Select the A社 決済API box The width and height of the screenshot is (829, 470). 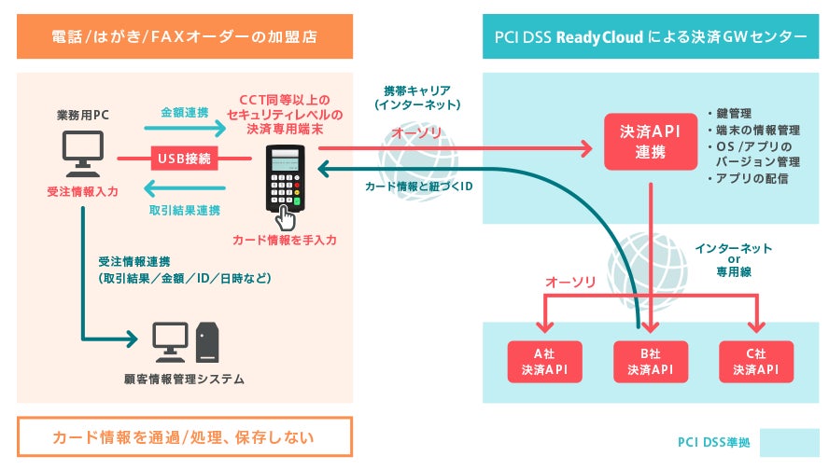544,362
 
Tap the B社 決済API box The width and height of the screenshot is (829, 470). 651,362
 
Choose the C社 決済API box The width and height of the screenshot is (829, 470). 756,362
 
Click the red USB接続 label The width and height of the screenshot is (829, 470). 186,159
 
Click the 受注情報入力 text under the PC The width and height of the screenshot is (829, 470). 82,191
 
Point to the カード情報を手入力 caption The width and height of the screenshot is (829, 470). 285,240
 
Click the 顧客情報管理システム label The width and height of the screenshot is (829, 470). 184,379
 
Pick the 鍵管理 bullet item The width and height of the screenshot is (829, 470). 737,111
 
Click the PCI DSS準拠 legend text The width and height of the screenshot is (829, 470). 715,442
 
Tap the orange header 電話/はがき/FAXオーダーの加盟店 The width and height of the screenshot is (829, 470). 185,37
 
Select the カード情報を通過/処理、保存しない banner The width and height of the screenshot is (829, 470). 184,436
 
